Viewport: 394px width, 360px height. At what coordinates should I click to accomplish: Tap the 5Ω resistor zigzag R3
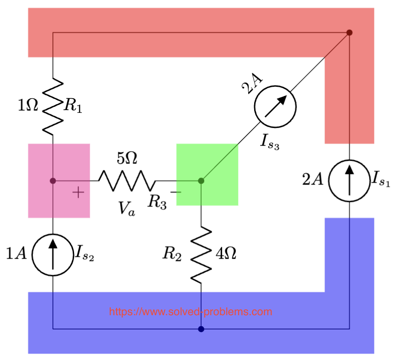127,181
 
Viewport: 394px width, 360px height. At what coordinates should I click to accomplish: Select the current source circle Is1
350,180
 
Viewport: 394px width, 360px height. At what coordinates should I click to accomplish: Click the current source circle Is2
53,254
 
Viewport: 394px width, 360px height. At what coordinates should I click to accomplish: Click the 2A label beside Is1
313,180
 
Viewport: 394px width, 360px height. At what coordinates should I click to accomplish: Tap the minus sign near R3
175,192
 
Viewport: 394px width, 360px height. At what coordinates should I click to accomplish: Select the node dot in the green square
201,181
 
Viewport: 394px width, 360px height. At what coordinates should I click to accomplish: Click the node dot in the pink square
53,181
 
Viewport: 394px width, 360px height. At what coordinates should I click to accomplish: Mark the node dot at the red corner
349,32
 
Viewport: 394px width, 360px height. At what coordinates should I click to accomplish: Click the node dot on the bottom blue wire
201,329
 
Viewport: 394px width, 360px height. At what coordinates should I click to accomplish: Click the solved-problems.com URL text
191,312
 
